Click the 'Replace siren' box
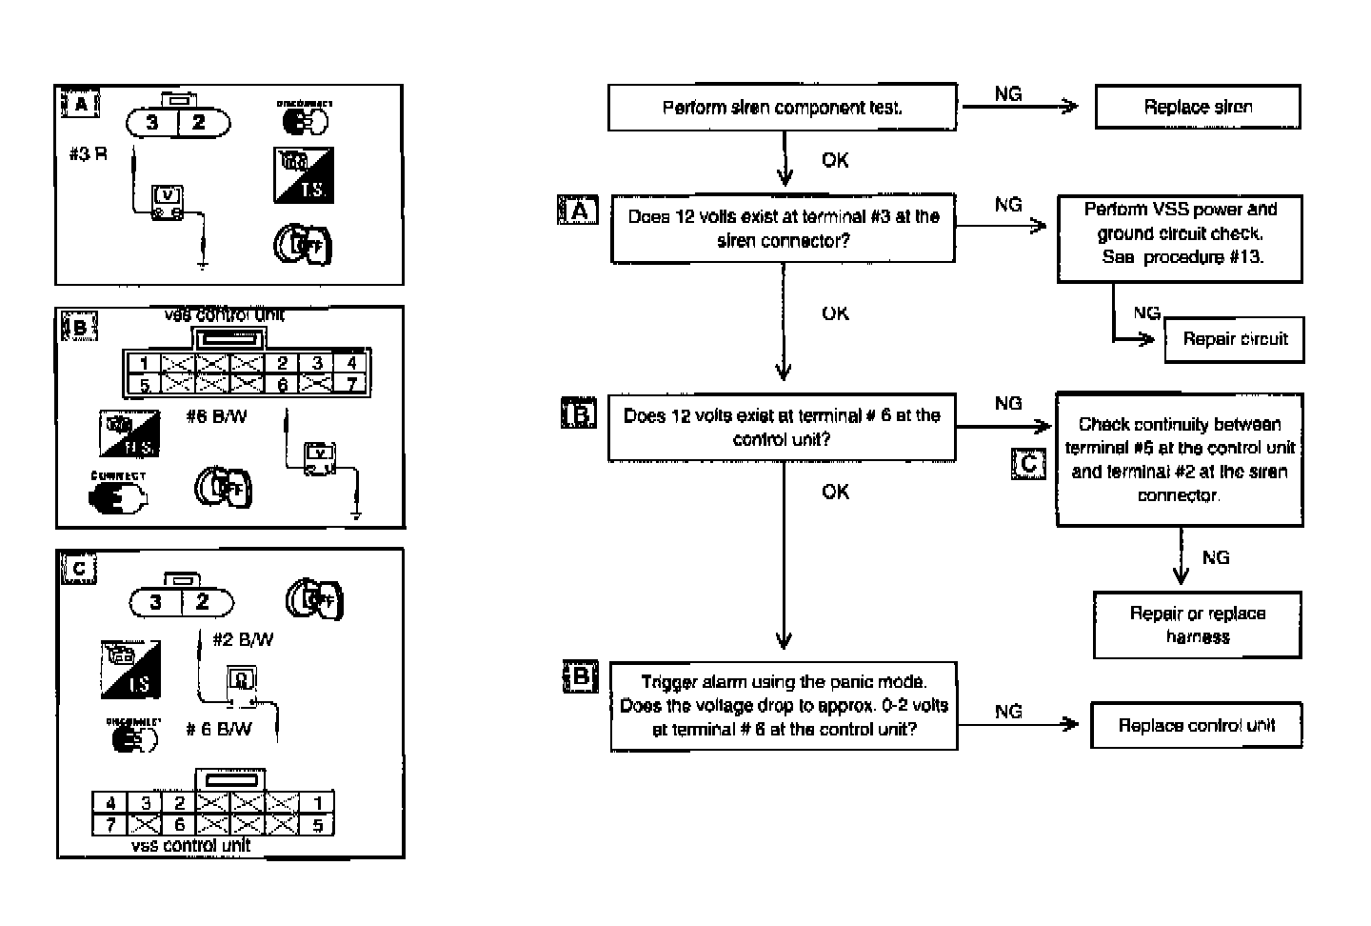(1198, 107)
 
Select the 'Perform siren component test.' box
(782, 107)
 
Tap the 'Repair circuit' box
(1234, 339)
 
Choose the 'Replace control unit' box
(1196, 725)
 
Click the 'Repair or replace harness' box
(1197, 625)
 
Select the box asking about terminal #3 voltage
(783, 229)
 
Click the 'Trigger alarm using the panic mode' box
(784, 706)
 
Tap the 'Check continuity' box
(1180, 459)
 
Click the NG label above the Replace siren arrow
(1008, 93)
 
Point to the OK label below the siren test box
(835, 160)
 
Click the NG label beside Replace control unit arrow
(1008, 712)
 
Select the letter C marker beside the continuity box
(1028, 464)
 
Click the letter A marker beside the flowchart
(578, 211)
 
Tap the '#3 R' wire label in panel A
(88, 153)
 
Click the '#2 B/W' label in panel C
(243, 639)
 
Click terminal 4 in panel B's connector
(351, 363)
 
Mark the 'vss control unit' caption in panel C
(191, 845)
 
